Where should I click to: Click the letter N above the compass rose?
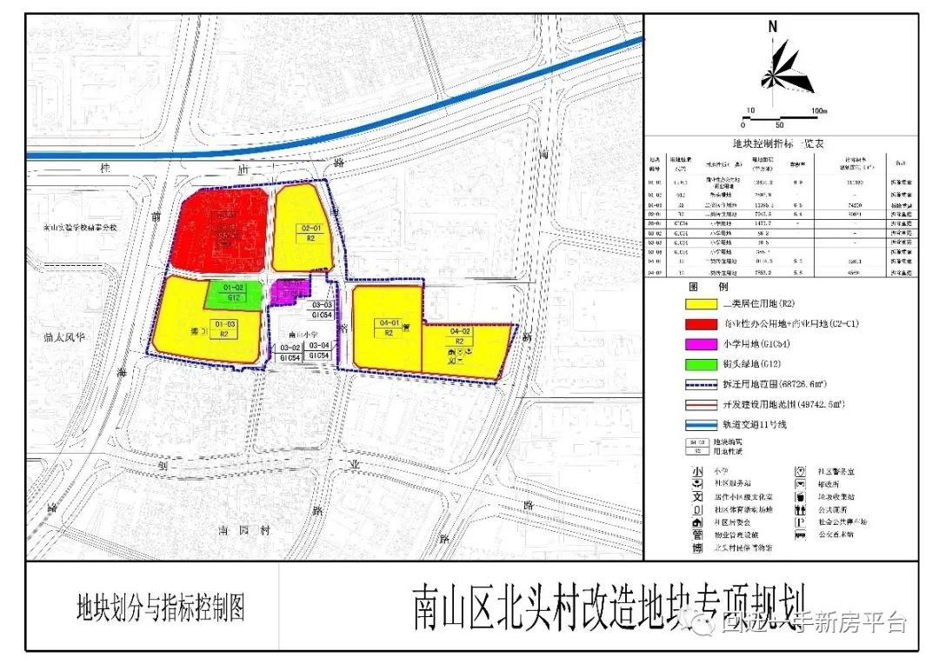click(772, 27)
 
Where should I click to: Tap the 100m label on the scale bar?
click(818, 111)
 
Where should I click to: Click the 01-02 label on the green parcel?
click(233, 288)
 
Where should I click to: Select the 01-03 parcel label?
click(225, 324)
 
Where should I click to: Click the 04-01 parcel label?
click(389, 322)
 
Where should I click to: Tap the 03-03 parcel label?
click(322, 305)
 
